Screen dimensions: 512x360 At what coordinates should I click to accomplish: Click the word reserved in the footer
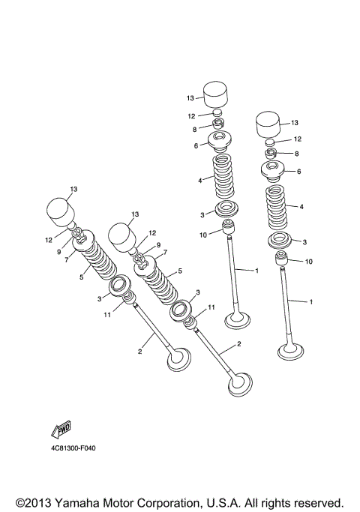tap(316, 502)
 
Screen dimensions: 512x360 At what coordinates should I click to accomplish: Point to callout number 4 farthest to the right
tap(301, 206)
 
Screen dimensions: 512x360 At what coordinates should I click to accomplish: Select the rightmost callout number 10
tap(308, 262)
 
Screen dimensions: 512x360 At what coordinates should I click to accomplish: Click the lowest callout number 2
tap(238, 344)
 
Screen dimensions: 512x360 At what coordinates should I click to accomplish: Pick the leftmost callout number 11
tap(108, 315)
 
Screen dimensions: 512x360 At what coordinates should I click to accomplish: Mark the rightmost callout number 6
tap(298, 172)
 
